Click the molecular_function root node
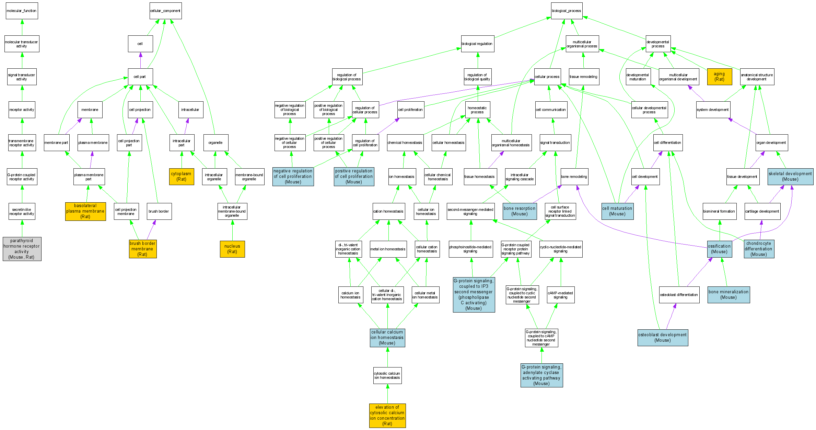pos(22,11)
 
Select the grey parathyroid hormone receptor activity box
pos(22,249)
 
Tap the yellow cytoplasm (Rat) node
pos(182,177)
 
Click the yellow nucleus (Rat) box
pos(232,249)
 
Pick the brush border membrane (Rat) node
pos(143,249)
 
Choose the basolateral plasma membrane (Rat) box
pos(85,211)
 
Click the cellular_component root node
pos(165,11)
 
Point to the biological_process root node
pos(567,11)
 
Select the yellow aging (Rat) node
pos(720,77)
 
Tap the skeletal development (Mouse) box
pos(790,177)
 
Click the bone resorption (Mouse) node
pos(520,211)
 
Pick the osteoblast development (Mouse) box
pos(663,338)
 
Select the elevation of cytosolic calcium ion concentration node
pos(387,416)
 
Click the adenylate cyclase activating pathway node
pos(541,375)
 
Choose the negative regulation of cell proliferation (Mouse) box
pos(293,177)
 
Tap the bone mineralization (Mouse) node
pos(728,295)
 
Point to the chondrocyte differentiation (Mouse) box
pos(759,249)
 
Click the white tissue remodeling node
pos(584,77)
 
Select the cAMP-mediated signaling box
pos(560,295)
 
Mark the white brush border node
pos(159,211)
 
